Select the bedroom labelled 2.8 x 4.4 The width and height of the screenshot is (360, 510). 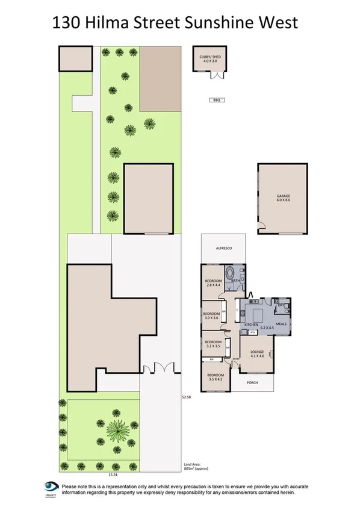(214, 284)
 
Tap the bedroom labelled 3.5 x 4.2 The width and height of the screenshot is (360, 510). (214, 378)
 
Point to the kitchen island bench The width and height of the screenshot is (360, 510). (259, 315)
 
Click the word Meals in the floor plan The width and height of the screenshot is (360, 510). (281, 325)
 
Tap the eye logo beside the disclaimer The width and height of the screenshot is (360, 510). (50, 487)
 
